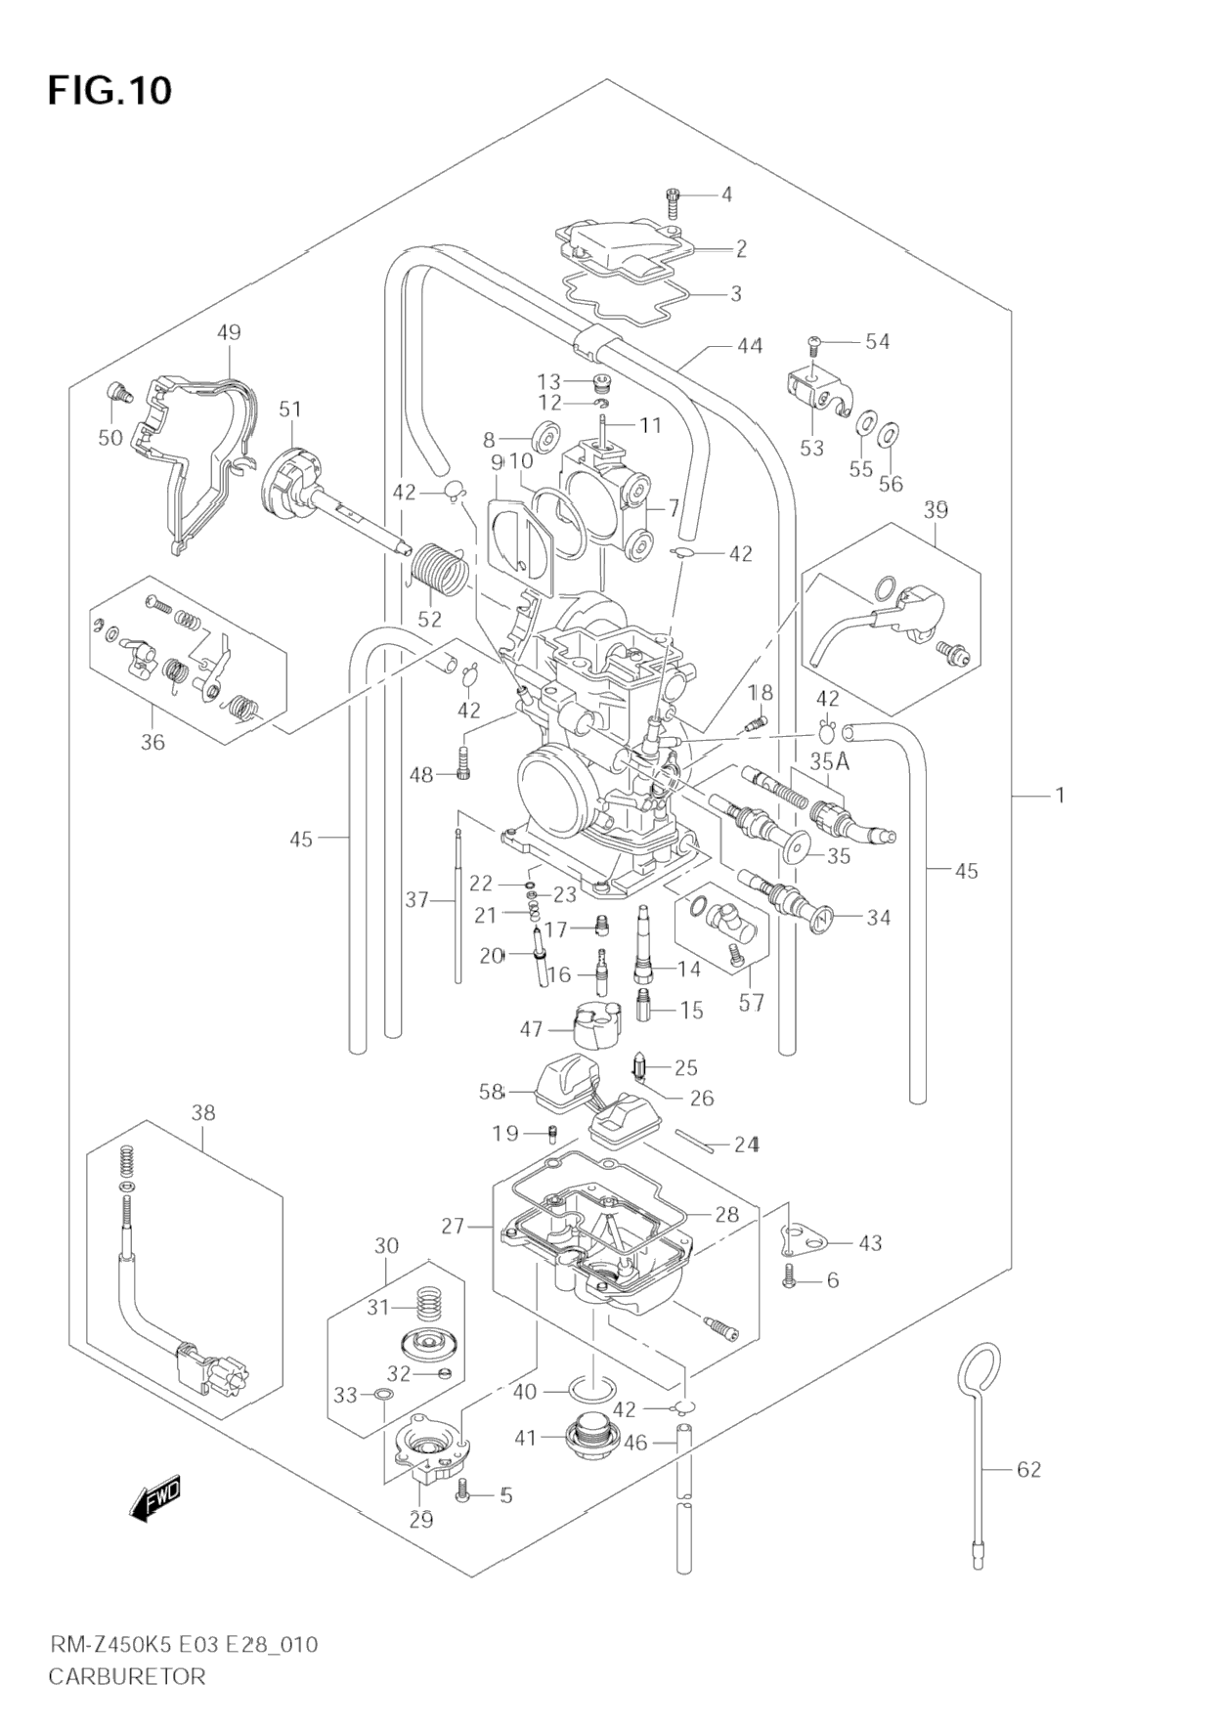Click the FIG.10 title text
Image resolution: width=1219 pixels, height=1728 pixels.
coord(109,90)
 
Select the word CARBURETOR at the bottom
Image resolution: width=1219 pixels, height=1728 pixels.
coord(127,1677)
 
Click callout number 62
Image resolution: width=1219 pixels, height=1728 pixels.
coord(1028,1469)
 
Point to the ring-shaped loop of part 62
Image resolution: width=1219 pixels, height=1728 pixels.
coord(978,1367)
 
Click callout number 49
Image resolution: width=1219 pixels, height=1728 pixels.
coord(229,332)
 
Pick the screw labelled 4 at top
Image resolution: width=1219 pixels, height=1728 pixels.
coord(673,202)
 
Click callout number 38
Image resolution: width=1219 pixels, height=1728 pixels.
coord(203,1112)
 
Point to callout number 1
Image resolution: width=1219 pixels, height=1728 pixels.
coord(1059,795)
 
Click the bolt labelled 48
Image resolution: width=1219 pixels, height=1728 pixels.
coord(464,763)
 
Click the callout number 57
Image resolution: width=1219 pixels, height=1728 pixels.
coord(751,1003)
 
